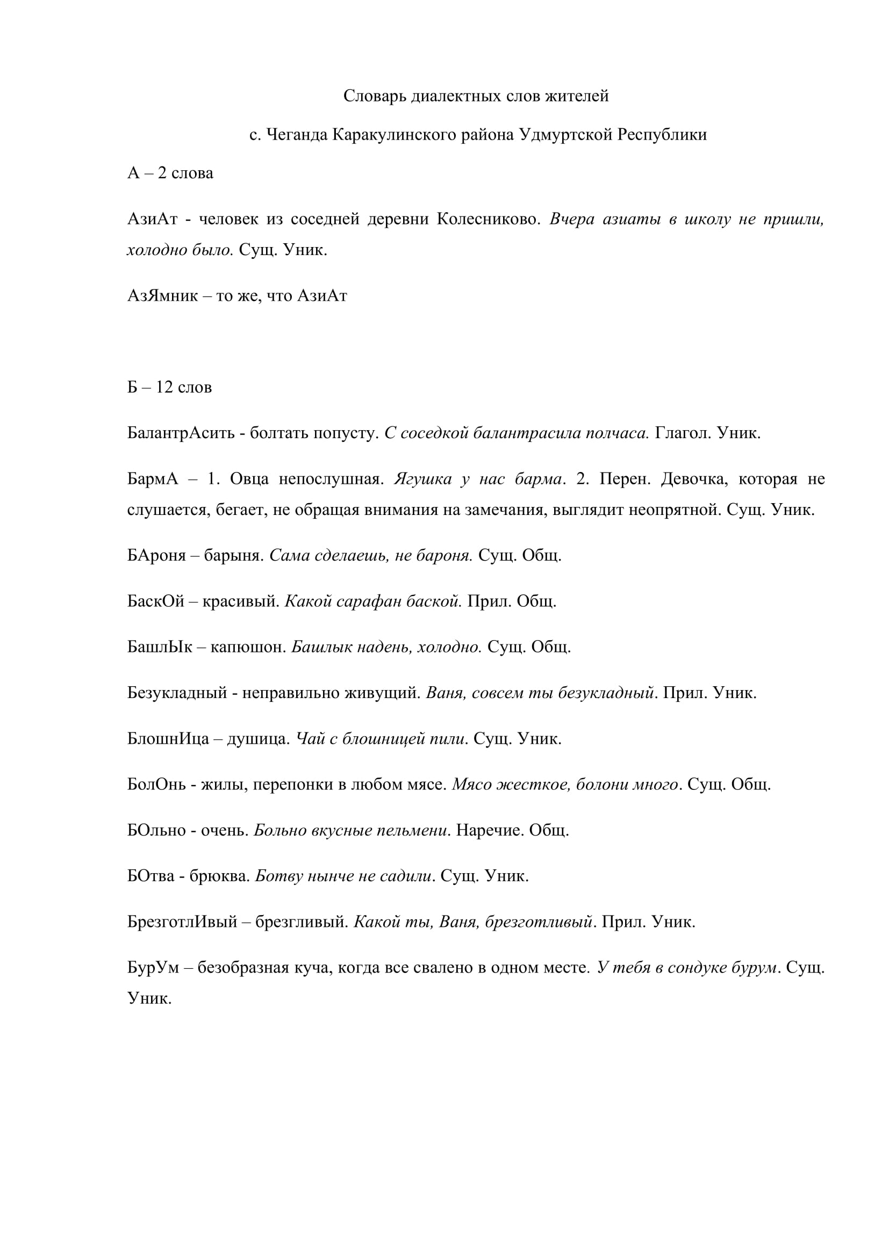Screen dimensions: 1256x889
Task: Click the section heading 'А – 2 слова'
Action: (170, 173)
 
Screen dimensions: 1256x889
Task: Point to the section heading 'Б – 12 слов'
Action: (170, 387)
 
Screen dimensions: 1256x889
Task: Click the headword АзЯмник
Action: (162, 296)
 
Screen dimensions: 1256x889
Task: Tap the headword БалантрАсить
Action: (181, 433)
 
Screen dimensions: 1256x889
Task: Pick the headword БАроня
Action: (156, 556)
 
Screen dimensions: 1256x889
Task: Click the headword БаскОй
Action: (156, 601)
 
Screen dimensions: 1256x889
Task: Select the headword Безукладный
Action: (177, 693)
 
